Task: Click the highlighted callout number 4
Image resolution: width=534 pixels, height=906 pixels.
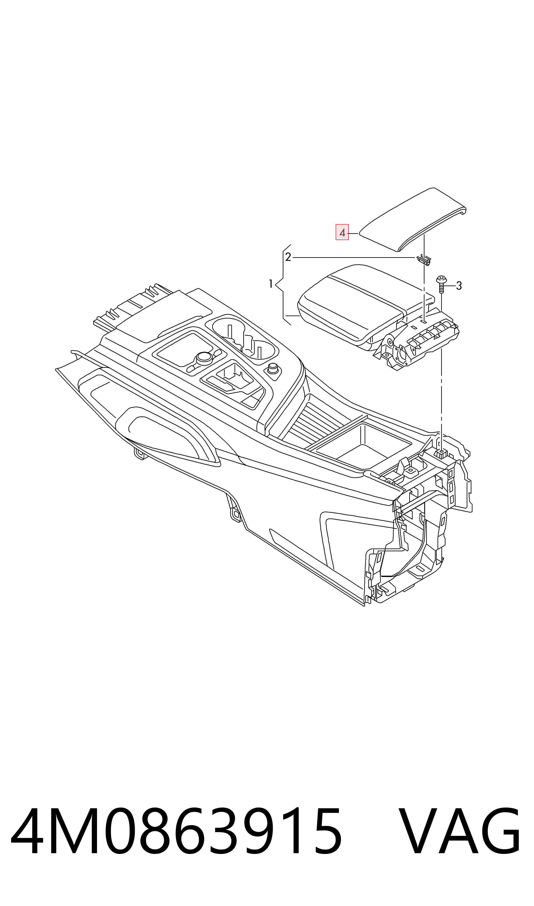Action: coord(342,232)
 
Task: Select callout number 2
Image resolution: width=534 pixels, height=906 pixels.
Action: coord(288,257)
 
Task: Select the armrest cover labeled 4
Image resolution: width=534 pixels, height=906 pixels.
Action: coord(413,219)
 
